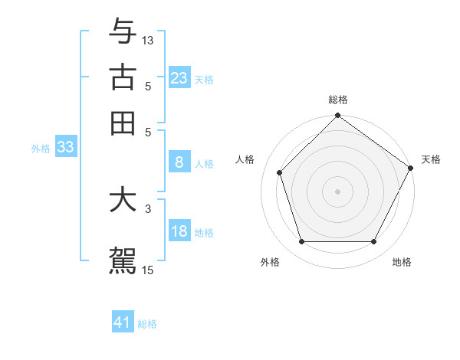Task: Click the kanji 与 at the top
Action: tap(123, 33)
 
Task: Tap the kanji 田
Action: tap(123, 122)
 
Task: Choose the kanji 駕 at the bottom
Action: tap(123, 258)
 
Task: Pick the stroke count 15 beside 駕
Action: tap(148, 269)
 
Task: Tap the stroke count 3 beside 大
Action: tap(148, 207)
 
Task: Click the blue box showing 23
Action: tap(179, 77)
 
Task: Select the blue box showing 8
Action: tap(179, 162)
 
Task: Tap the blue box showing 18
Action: tap(179, 231)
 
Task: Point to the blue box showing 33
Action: tap(65, 148)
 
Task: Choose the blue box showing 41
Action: tap(123, 322)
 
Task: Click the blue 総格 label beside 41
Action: tap(147, 324)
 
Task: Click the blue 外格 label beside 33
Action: tap(40, 149)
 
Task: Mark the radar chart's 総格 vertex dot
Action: tap(337, 116)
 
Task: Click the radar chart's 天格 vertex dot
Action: tap(410, 168)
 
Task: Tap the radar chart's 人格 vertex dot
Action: tap(280, 172)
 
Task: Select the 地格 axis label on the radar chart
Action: tap(402, 262)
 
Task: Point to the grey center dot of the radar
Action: tap(337, 191)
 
